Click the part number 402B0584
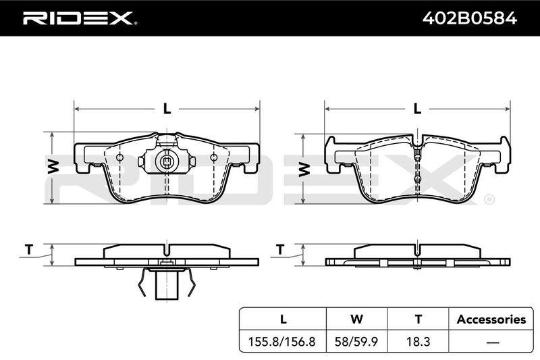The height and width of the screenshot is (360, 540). pyautogui.click(x=469, y=18)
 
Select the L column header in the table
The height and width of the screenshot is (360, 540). pyautogui.click(x=283, y=319)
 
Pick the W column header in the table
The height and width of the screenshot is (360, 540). pyautogui.click(x=356, y=319)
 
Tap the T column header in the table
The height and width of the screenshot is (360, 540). pyautogui.click(x=418, y=319)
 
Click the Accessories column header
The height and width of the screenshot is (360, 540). pyautogui.click(x=491, y=319)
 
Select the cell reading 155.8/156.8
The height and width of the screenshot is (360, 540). pyautogui.click(x=281, y=342)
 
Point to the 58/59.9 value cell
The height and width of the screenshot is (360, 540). pyautogui.click(x=356, y=342)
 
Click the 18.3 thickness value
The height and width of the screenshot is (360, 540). pyautogui.click(x=418, y=342)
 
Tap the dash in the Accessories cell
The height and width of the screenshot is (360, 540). pyautogui.click(x=493, y=342)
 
